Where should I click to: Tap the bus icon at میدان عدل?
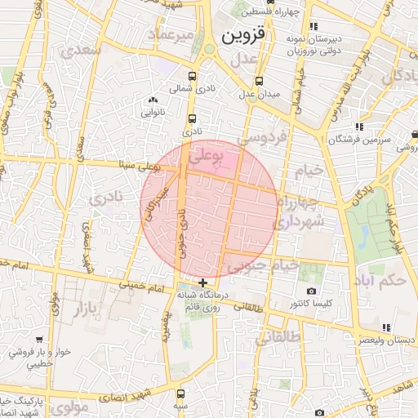[x=260, y=82]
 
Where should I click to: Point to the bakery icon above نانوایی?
[x=152, y=100]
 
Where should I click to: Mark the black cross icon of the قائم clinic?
[x=202, y=282]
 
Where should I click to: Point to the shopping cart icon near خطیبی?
[x=39, y=340]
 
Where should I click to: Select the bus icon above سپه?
[x=180, y=393]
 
